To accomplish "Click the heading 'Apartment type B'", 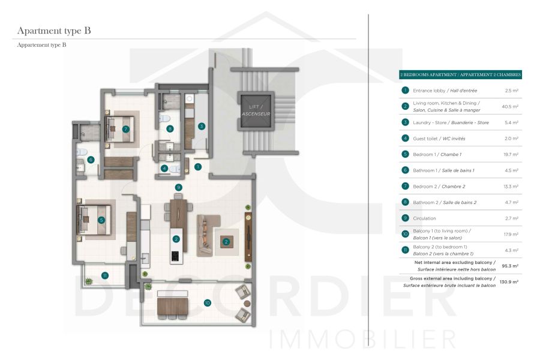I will click(x=54, y=31).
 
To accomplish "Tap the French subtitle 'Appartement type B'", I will click(x=41, y=45).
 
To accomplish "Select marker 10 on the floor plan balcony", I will click(x=207, y=304).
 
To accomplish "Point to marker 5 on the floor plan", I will click(x=102, y=220).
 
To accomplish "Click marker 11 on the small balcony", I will click(x=105, y=275).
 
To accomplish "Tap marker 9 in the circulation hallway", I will click(x=178, y=187).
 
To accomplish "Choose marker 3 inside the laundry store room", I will click(x=202, y=126).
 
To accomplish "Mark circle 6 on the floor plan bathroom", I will click(x=91, y=160).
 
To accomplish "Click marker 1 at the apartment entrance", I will click(x=197, y=167).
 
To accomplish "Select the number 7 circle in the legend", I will click(x=406, y=186).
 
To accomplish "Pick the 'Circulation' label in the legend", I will click(x=424, y=218).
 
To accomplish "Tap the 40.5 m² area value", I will click(x=511, y=106).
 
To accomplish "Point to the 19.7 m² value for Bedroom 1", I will click(x=511, y=154).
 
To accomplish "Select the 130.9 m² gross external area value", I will click(x=509, y=281).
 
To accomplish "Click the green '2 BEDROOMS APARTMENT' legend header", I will click(x=460, y=75).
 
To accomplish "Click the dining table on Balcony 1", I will click(x=173, y=307).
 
